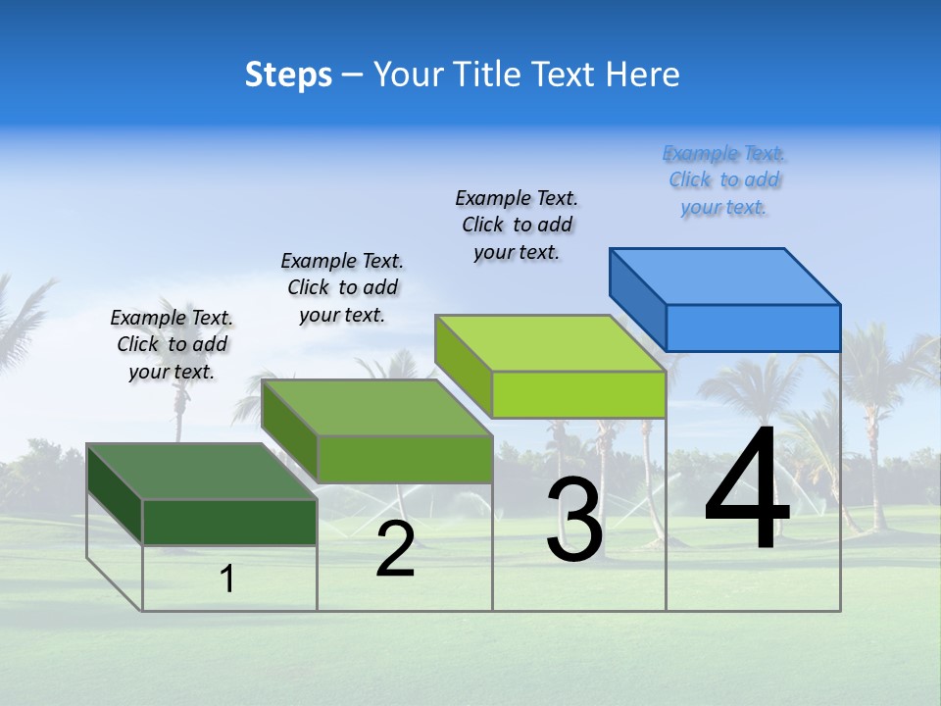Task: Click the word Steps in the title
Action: click(288, 75)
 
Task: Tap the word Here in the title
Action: click(643, 75)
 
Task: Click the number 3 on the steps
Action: click(574, 520)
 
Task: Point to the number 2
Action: click(395, 549)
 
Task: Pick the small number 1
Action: click(227, 579)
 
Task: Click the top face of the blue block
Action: click(725, 276)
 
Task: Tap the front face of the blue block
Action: click(753, 328)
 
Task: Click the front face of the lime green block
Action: click(578, 394)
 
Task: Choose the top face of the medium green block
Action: click(377, 408)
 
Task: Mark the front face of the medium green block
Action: click(405, 459)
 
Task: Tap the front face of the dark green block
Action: click(229, 522)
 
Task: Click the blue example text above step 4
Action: click(724, 179)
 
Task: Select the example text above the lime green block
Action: click(517, 225)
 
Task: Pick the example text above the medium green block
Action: click(342, 287)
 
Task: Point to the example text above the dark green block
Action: click(172, 344)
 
